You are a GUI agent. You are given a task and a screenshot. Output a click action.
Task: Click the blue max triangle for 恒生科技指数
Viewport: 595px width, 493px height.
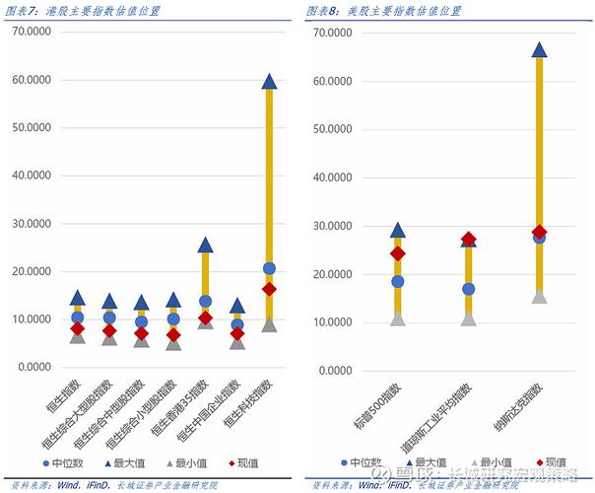[269, 82]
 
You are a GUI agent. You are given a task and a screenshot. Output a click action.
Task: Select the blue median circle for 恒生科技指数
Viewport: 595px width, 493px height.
[269, 268]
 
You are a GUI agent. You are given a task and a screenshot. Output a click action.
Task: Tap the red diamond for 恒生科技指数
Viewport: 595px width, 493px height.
[269, 289]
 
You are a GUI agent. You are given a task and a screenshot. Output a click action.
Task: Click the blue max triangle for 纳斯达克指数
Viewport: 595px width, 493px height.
[539, 49]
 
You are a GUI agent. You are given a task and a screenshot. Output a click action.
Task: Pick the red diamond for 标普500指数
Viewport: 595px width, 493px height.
[397, 253]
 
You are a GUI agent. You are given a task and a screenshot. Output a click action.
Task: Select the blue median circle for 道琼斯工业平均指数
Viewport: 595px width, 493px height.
[468, 289]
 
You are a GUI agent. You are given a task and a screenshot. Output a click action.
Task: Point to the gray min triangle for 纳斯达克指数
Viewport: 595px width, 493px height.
[539, 296]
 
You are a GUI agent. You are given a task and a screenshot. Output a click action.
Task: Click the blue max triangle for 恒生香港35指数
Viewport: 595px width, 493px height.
[205, 245]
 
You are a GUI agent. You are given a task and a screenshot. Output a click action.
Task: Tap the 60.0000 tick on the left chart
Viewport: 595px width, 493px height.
[32, 80]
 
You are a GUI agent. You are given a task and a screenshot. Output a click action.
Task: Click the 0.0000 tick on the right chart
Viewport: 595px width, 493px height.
[332, 371]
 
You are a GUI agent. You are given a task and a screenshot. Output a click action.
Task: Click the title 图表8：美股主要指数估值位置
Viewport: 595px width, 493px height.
[383, 11]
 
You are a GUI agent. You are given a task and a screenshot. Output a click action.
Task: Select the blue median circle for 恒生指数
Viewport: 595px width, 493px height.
[78, 317]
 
